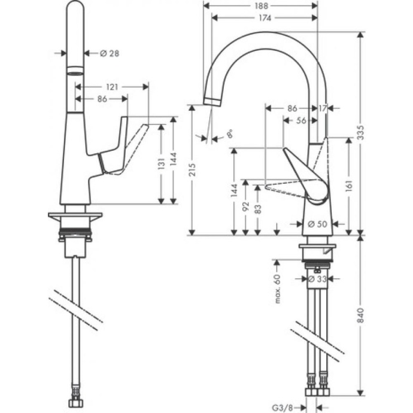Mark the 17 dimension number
[323, 108]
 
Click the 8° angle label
[229, 135]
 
